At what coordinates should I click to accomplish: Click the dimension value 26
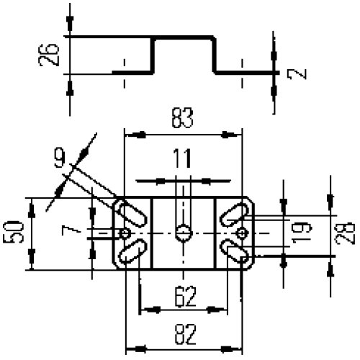[48, 55]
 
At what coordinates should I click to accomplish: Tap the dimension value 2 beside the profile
[297, 74]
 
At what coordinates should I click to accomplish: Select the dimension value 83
[183, 117]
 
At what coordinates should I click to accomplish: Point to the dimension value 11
[182, 158]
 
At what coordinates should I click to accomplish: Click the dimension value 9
[60, 158]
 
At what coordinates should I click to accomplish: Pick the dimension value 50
[13, 233]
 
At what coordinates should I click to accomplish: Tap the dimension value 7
[71, 231]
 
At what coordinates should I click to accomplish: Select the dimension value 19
[302, 233]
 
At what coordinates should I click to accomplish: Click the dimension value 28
[345, 233]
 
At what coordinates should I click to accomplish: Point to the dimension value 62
[185, 297]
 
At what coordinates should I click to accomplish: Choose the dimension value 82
[185, 334]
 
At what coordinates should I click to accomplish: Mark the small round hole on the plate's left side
[125, 233]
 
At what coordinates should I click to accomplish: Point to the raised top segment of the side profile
[184, 37]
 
